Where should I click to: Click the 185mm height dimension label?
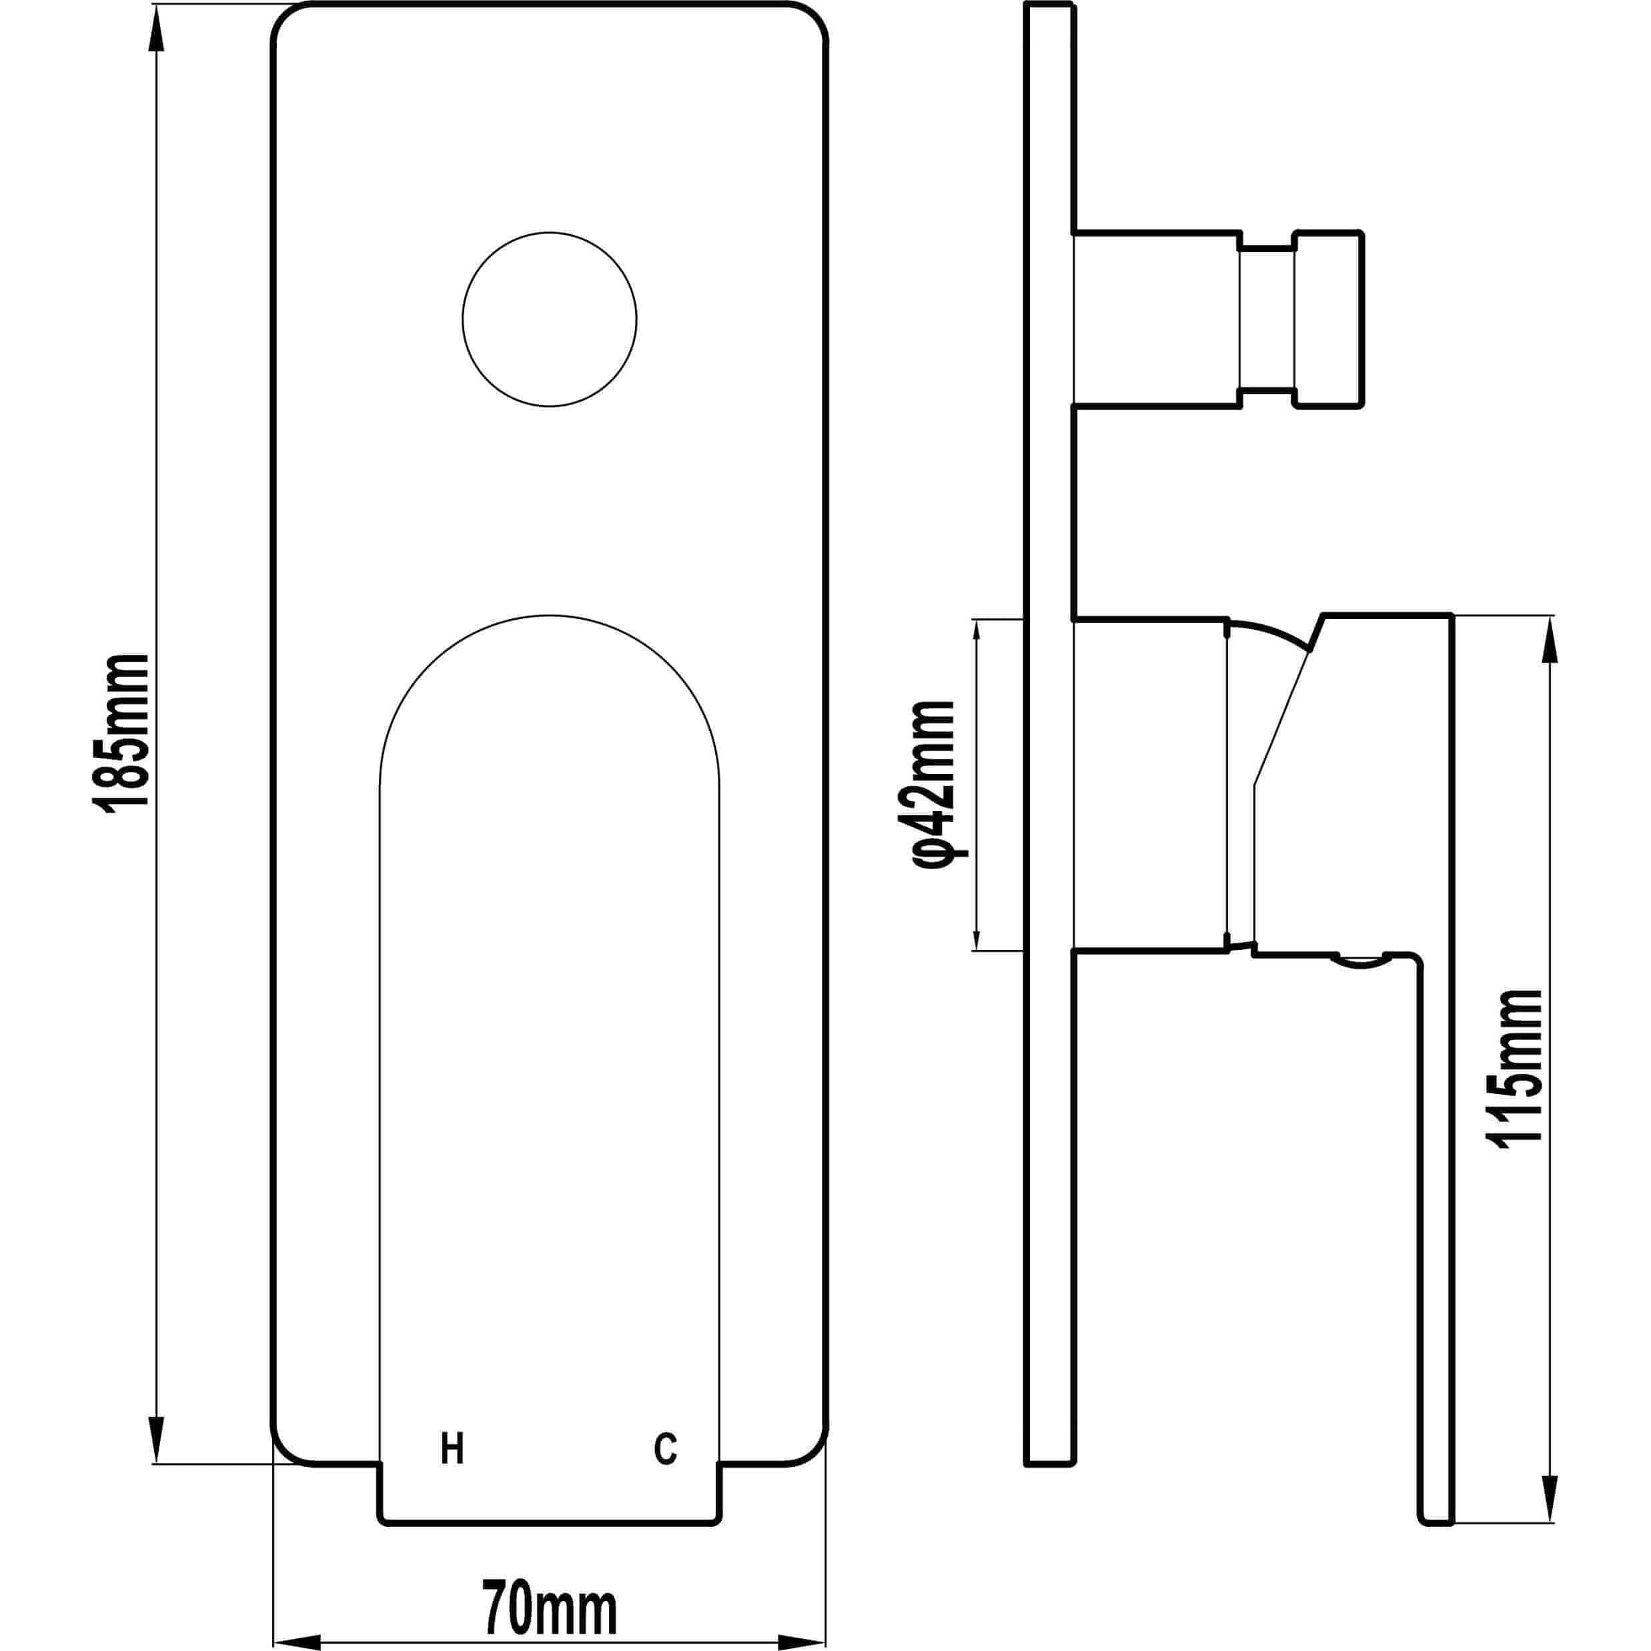click(121, 733)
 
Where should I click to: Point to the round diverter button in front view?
click(550, 319)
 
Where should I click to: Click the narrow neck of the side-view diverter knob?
click(1267, 319)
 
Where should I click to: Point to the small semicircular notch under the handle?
click(1363, 961)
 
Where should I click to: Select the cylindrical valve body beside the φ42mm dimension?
click(1149, 784)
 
